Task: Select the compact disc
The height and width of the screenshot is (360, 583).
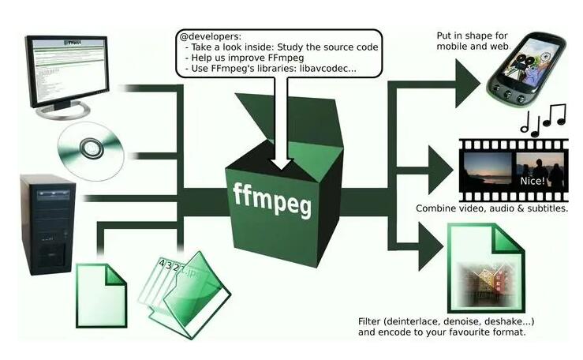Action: pos(92,147)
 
